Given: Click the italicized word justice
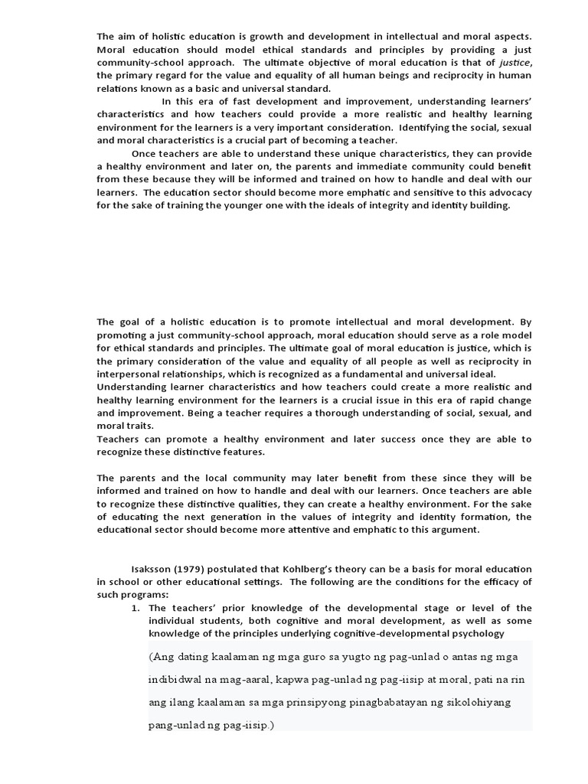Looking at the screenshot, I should tap(514, 63).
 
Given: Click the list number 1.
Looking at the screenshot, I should tap(135, 608).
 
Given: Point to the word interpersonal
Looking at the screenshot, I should tap(130, 374).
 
